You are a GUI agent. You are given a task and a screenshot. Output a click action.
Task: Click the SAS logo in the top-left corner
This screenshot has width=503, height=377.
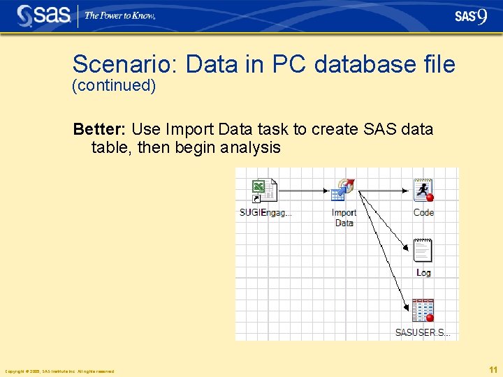click(43, 15)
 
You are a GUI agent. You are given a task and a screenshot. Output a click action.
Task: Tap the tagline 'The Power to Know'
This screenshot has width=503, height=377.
click(119, 15)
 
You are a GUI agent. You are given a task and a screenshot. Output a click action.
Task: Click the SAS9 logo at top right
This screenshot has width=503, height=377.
click(470, 16)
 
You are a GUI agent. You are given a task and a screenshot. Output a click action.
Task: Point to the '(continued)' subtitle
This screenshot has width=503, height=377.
click(114, 86)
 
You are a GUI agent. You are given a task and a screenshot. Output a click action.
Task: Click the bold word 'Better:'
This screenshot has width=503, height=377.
click(100, 129)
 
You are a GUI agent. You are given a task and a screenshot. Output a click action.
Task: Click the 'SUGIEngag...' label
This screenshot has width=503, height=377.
click(265, 213)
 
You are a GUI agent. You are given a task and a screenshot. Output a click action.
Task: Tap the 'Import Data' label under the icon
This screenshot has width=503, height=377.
click(344, 218)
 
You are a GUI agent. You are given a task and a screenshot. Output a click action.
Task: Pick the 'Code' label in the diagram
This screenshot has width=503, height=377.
click(423, 213)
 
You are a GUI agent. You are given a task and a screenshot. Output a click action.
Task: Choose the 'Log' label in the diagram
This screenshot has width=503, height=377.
click(423, 273)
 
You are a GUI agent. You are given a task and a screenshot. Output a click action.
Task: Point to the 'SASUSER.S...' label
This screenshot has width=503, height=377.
click(423, 333)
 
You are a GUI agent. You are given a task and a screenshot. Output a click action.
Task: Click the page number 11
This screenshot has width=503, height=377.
click(493, 369)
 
